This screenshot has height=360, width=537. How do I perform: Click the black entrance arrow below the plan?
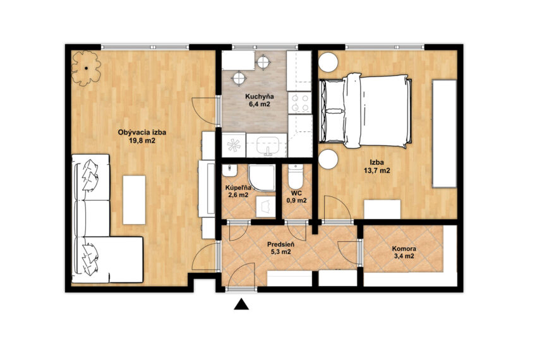tap(241, 304)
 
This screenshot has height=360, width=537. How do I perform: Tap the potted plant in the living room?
tap(86, 68)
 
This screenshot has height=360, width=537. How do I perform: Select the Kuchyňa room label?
tap(259, 97)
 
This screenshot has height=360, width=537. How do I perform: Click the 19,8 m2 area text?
tap(142, 140)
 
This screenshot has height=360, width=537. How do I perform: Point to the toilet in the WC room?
tap(296, 175)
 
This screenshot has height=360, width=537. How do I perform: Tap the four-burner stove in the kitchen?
tap(299, 103)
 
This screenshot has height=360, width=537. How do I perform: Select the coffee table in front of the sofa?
tap(134, 200)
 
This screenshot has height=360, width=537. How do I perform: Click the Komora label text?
tap(404, 249)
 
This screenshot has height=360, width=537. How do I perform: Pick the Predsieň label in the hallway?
tap(281, 245)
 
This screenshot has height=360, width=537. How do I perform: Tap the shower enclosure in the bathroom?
tap(262, 177)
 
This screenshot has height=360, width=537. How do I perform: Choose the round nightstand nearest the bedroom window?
tap(329, 62)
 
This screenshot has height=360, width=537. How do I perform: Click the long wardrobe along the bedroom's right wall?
tap(445, 134)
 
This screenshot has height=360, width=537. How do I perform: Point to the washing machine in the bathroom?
tap(266, 207)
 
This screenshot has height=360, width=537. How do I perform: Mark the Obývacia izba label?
tap(142, 132)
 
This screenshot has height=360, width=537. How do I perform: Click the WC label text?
tap(296, 193)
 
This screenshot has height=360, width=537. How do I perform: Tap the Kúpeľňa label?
tap(238, 188)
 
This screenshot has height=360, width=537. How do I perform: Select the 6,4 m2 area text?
tap(259, 104)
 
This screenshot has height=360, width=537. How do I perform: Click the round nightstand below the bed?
tap(329, 159)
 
